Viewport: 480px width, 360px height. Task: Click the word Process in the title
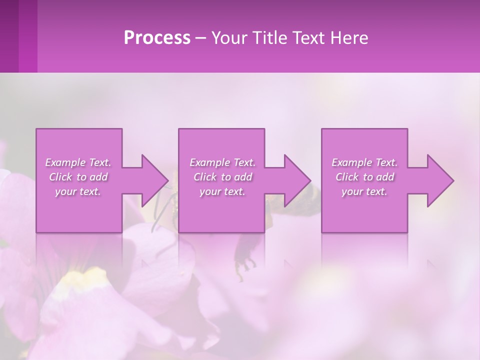pos(157,38)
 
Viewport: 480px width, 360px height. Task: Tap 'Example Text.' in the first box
pos(78,162)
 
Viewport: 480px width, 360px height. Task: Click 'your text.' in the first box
pos(78,191)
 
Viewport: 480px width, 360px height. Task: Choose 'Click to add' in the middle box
pos(222,177)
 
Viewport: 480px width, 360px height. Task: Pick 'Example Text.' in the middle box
pos(222,162)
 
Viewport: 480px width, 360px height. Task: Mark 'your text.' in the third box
pos(364,191)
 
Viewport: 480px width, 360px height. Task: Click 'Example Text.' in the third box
pos(364,162)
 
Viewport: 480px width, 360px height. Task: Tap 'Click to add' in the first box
pos(78,177)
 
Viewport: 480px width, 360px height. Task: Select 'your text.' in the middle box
pos(222,191)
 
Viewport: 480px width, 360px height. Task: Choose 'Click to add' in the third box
pos(364,177)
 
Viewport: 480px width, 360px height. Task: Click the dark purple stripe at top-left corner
pos(9,35)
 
